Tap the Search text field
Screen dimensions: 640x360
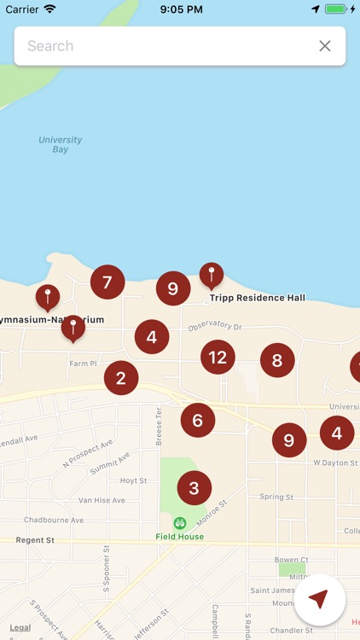pyautogui.click(x=162, y=46)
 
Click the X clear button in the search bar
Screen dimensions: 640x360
pyautogui.click(x=325, y=46)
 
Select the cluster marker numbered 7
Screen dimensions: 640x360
pyautogui.click(x=107, y=282)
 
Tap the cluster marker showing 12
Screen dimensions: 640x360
pyautogui.click(x=218, y=357)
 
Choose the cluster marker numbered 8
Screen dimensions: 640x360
pyautogui.click(x=277, y=360)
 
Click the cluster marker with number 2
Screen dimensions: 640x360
pyautogui.click(x=121, y=378)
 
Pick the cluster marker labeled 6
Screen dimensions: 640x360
pyautogui.click(x=198, y=420)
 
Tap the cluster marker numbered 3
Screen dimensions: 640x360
pyautogui.click(x=195, y=488)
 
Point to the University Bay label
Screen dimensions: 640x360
pyautogui.click(x=61, y=144)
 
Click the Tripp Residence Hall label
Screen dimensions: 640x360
pyautogui.click(x=258, y=298)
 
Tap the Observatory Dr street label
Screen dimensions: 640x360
pyautogui.click(x=215, y=327)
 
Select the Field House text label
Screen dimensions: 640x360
pyautogui.click(x=179, y=537)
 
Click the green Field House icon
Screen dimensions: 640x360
pyautogui.click(x=179, y=523)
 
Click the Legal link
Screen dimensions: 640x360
pyautogui.click(x=20, y=627)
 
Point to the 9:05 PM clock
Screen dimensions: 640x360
pyautogui.click(x=180, y=9)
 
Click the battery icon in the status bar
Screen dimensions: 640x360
pyautogui.click(x=337, y=9)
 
